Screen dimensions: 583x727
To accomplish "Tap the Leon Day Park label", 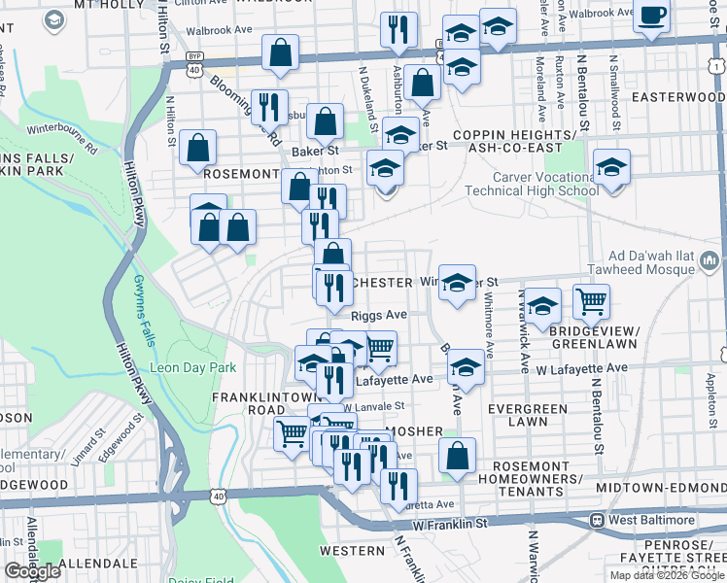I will tap(192, 368).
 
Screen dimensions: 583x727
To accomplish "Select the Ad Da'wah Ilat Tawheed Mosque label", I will tap(620, 259).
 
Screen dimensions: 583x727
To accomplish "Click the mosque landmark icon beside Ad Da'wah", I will tap(709, 259).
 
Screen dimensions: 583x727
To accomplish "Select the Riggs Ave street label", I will tap(379, 316).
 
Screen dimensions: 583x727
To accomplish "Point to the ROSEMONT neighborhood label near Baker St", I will tap(241, 173).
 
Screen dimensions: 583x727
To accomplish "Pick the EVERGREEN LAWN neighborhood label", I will tap(529, 415).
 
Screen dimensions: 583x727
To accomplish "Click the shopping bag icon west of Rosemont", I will tap(198, 149).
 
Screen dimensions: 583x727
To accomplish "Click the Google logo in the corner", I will tap(32, 571).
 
